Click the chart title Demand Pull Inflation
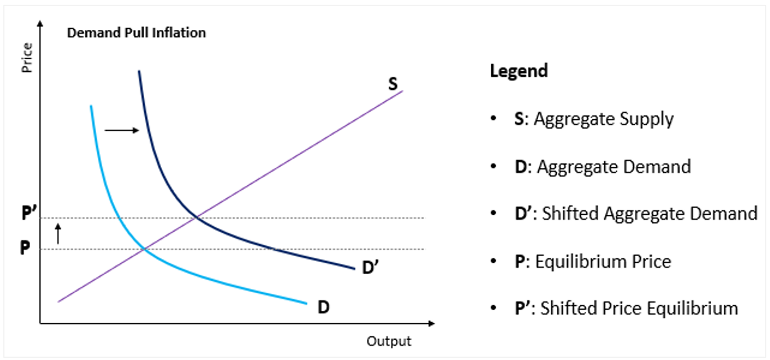136,33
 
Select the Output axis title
389,341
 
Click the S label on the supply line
393,84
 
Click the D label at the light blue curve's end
323,307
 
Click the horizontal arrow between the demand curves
122,131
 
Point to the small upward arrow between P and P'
57,233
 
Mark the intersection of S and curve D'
196,217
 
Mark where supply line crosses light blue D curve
144,249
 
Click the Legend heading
518,71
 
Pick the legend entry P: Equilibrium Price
593,261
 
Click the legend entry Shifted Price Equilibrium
626,308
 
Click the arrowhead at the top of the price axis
40,23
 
